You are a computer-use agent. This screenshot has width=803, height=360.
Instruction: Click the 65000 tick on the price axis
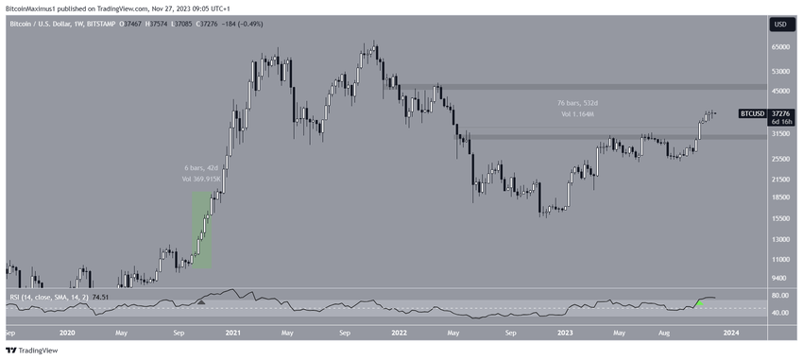[779, 46]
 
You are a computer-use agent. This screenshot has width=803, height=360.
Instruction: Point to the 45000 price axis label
[779, 92]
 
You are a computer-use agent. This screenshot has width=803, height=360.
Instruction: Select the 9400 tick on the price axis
[779, 278]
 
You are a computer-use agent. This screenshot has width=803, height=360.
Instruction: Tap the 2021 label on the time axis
[234, 333]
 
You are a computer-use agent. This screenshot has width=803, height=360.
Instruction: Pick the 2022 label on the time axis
[398, 333]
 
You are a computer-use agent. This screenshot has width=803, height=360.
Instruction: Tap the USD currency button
[780, 25]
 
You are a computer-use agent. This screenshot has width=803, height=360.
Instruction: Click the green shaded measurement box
[202, 230]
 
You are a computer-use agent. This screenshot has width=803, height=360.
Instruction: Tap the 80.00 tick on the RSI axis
[779, 295]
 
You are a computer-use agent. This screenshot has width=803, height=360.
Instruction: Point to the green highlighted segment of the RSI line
[698, 301]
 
